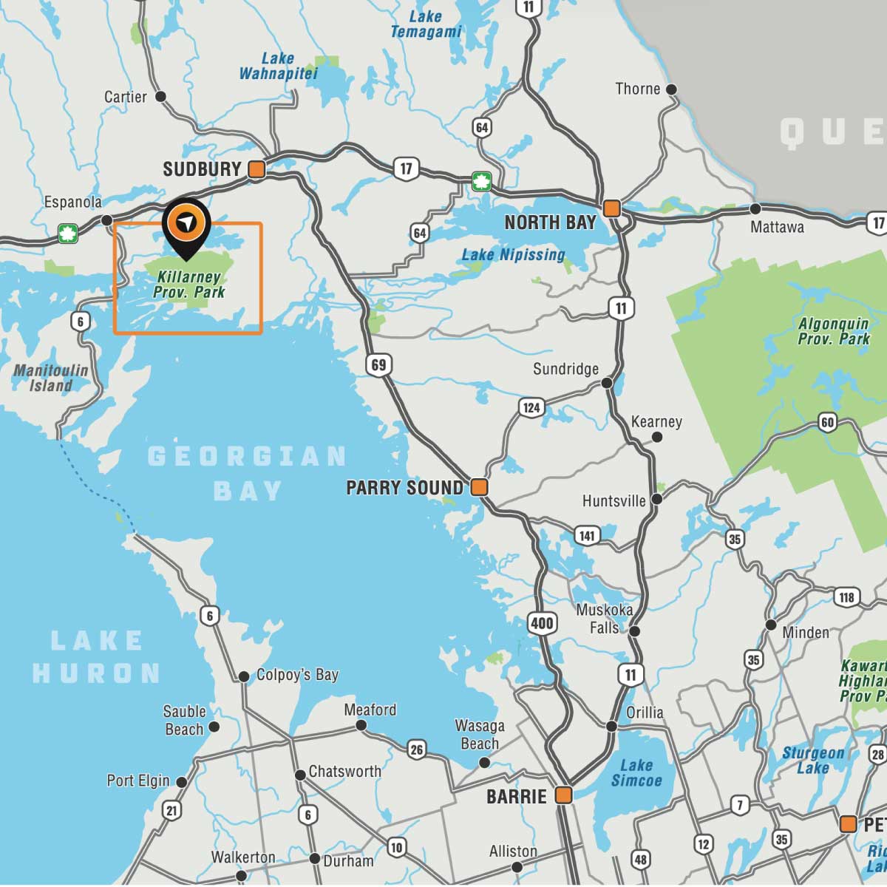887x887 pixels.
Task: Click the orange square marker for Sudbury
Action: coord(256,169)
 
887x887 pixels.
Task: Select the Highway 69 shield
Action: coord(378,364)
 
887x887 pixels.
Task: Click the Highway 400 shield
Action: coord(542,623)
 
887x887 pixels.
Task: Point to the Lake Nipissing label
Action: coord(513,255)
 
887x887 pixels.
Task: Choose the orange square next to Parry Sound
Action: coord(480,487)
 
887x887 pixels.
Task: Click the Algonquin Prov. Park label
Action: coord(834,331)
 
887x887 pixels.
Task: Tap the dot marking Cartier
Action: coord(160,97)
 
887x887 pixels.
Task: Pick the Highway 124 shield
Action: coord(531,407)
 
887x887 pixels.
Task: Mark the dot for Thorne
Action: coord(671,89)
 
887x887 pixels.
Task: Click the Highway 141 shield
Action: coord(587,536)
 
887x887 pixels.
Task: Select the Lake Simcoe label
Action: coord(636,773)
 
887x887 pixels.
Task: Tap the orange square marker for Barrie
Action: coord(564,795)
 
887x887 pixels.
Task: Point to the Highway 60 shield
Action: coord(827,423)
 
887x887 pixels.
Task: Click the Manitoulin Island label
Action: coord(51,378)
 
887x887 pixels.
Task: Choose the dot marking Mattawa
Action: coord(755,209)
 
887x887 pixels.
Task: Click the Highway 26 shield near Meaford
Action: coord(417,750)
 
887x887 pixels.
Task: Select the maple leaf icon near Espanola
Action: coord(68,234)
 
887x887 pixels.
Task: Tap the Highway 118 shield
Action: coord(847,597)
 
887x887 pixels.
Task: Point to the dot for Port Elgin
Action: coord(181,781)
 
